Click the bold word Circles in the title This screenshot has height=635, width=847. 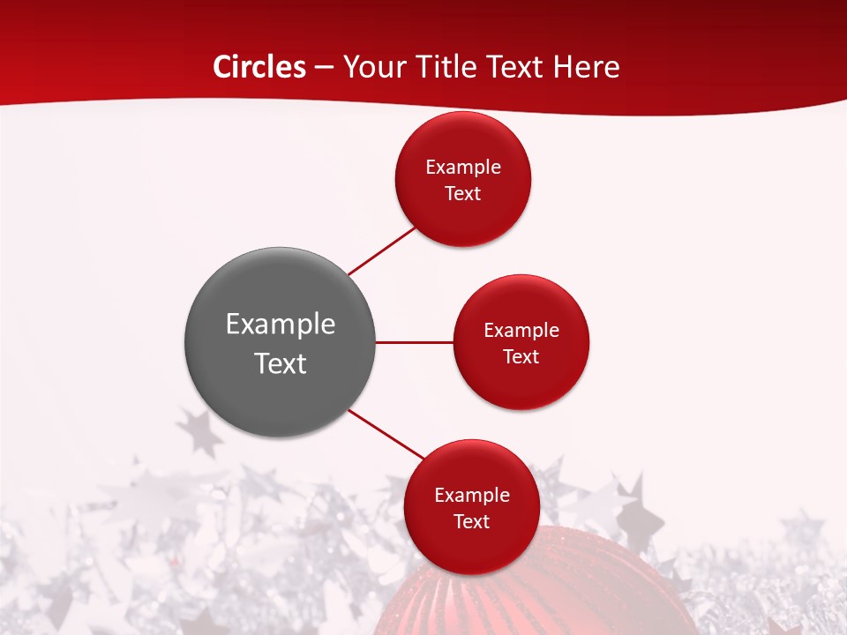(259, 67)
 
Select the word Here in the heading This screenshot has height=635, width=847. (586, 67)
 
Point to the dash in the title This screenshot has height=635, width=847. (324, 68)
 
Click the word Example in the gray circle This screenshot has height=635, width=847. (281, 325)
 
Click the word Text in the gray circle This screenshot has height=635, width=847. (281, 363)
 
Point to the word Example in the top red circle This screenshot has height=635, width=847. (463, 168)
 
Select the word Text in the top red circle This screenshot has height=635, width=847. (463, 194)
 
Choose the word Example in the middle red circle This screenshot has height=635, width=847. (521, 331)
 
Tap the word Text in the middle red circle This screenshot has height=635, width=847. (521, 357)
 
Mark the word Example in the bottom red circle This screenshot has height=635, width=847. (472, 496)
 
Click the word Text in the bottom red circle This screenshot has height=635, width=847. (472, 522)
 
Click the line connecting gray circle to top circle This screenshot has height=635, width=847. (381, 250)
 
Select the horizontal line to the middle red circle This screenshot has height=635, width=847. (415, 342)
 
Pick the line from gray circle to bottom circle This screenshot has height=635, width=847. (386, 434)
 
